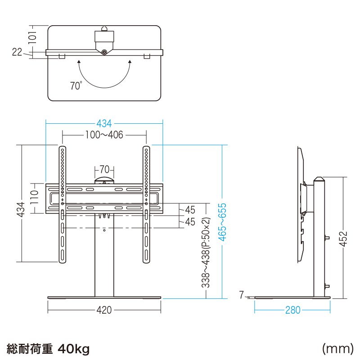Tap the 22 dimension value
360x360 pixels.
click(17, 53)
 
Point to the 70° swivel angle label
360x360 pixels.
click(76, 86)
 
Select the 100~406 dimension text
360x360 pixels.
click(104, 135)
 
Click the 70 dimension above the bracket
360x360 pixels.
click(104, 170)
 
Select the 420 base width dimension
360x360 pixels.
click(104, 310)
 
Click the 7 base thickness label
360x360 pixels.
click(242, 295)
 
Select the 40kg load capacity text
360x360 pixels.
click(74, 348)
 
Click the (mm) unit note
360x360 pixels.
click(337, 348)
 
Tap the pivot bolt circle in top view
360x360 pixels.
click(104, 52)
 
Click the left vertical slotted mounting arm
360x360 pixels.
click(62, 204)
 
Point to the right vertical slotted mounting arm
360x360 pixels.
click(146, 204)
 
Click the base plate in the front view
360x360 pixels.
click(104, 297)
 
